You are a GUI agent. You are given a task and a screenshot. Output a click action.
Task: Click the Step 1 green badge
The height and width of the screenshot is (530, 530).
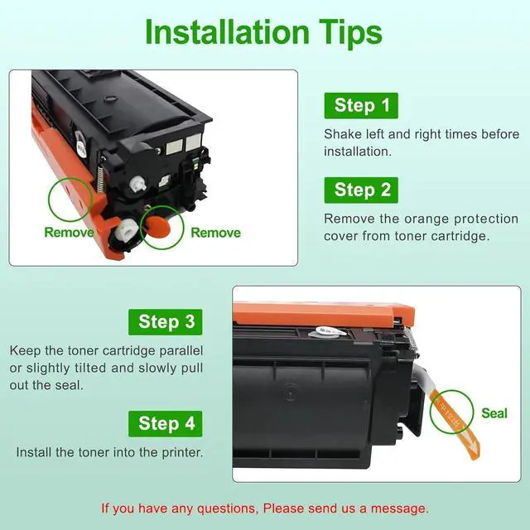point(361,105)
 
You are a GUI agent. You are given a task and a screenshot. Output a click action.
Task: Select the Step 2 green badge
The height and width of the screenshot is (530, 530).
point(361,190)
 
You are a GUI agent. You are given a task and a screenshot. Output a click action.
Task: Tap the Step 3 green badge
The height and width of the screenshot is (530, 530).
point(166,322)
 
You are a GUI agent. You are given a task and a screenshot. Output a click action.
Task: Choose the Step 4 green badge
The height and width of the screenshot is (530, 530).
point(166,424)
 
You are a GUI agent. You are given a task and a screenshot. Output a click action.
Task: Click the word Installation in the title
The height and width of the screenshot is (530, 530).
point(227,32)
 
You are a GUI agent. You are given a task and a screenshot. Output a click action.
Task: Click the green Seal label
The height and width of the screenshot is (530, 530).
point(494,413)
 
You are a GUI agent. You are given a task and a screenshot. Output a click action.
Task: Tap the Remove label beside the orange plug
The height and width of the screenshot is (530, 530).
point(215,233)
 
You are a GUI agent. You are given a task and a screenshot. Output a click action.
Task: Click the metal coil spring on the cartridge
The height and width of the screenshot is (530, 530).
point(100,179)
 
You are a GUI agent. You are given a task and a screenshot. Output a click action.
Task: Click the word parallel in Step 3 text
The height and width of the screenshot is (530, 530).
point(181,350)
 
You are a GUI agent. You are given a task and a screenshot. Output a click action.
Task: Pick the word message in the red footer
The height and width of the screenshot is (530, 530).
point(399,508)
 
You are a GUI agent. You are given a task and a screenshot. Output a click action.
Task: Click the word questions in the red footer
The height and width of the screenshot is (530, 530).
point(229,508)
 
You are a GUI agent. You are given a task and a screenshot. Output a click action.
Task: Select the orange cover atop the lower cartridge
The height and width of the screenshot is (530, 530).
point(324,315)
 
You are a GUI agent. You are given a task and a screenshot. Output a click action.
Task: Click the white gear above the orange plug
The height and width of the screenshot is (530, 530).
point(138,184)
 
